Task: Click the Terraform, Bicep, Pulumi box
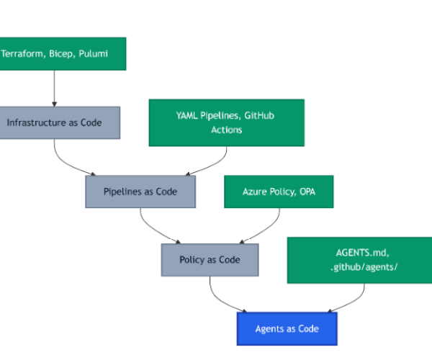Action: pos(63,54)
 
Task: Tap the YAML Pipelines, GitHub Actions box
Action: pos(226,122)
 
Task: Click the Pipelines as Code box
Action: pos(140,192)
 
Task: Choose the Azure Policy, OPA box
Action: pos(278,192)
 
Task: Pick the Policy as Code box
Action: pos(210,260)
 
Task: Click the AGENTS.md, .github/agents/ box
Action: pos(359,260)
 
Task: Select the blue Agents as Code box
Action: pos(287,328)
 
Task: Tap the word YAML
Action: pos(187,116)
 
